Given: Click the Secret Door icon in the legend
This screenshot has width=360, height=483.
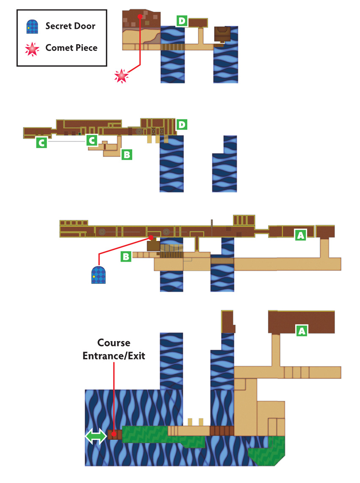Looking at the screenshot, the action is pos(32,27).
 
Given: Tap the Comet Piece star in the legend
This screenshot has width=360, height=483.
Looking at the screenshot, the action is pos(32,49).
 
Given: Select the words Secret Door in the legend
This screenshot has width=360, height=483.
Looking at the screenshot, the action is pos(70,26).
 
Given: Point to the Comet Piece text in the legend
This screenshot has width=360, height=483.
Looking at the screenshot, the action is pos(72,48).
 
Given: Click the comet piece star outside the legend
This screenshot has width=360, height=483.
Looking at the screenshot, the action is pos(121,76).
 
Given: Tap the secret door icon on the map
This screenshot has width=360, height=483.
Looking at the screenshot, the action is pos(99,275).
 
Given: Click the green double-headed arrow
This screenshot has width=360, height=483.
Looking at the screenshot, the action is pos(96,437).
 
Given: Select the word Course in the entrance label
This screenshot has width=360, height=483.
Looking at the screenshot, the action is pos(114,342).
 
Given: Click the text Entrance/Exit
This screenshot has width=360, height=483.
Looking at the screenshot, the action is pos(114,356).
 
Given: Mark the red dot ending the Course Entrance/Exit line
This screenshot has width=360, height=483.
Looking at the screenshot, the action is pos(114,434).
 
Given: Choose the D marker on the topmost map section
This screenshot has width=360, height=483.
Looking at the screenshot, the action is pos(182,21).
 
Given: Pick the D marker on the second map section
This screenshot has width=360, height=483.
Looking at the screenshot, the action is pos(182,125).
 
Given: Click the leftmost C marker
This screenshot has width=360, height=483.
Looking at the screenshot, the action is pos(42,143).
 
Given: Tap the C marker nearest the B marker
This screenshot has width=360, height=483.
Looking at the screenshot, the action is pos(92,141).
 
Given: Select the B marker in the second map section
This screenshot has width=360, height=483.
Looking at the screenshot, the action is pos(127,154).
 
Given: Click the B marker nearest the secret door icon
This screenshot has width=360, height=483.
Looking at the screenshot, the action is pos(126,257).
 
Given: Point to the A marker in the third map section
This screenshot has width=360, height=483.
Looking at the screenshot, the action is pos(301,235).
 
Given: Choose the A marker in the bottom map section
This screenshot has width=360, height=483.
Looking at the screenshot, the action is pos(302,331).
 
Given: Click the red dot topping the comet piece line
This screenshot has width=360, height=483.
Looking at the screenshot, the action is pos(140,17).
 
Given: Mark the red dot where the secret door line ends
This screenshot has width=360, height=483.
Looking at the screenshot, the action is pos(151,238).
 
